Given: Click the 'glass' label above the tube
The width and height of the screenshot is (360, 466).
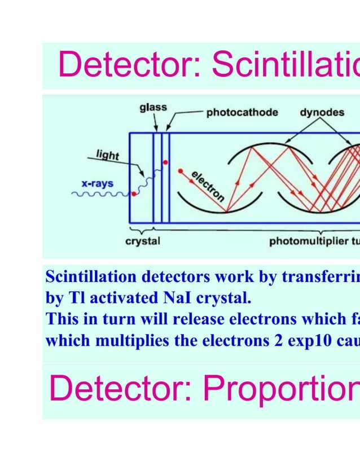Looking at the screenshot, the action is [x=153, y=108].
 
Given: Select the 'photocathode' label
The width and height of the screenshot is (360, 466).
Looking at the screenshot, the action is [x=242, y=112].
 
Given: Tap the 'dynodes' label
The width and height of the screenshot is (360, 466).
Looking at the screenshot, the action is [x=322, y=112].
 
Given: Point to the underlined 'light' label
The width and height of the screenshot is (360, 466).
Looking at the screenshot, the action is [x=107, y=154].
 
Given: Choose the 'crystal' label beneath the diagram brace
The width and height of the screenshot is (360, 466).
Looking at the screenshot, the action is [x=142, y=241].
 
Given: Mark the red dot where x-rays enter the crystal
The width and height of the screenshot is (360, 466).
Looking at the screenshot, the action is [x=134, y=194].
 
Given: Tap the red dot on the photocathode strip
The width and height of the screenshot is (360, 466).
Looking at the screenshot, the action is [x=165, y=162].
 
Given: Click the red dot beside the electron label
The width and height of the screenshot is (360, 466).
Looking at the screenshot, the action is [x=179, y=170].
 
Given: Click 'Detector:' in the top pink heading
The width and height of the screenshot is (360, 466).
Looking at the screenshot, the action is [x=130, y=65].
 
